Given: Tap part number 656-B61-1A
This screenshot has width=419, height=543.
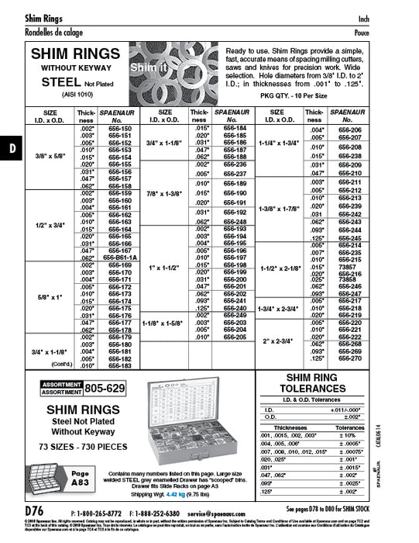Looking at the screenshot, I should pyautogui.click(x=121, y=258).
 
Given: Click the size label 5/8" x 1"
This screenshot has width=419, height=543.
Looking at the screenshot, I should pyautogui.click(x=50, y=296).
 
